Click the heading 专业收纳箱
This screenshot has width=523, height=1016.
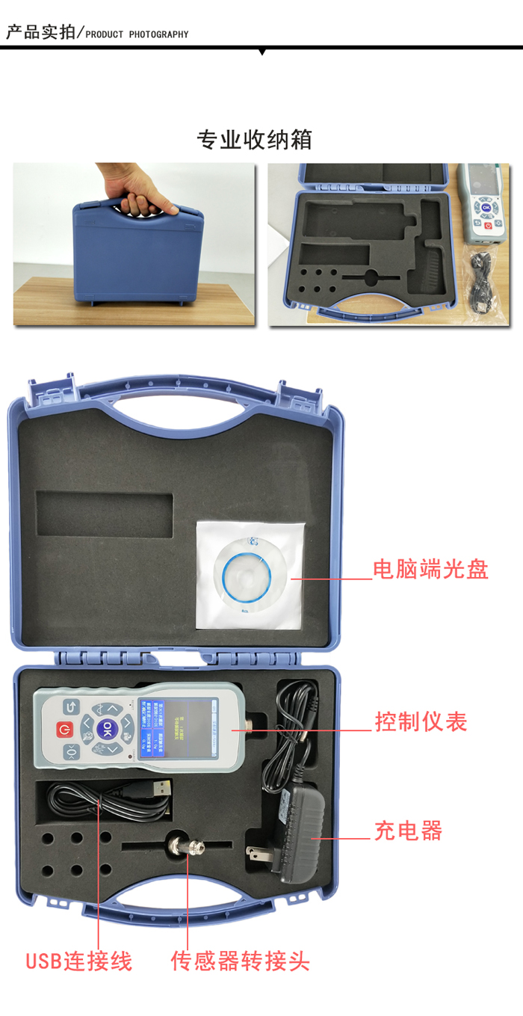[254, 140]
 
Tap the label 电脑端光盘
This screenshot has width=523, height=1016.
[430, 570]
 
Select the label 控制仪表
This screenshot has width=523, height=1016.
[421, 721]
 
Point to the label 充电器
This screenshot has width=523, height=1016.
[408, 831]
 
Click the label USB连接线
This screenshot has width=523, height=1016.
[78, 960]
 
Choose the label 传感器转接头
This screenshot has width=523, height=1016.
[240, 960]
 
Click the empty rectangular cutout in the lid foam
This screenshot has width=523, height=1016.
[104, 514]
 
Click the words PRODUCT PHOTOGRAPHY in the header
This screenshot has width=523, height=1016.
[137, 34]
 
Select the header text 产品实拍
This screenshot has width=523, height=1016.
[41, 33]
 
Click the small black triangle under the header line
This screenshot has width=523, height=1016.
[261, 52]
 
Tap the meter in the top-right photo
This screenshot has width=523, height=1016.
[486, 202]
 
